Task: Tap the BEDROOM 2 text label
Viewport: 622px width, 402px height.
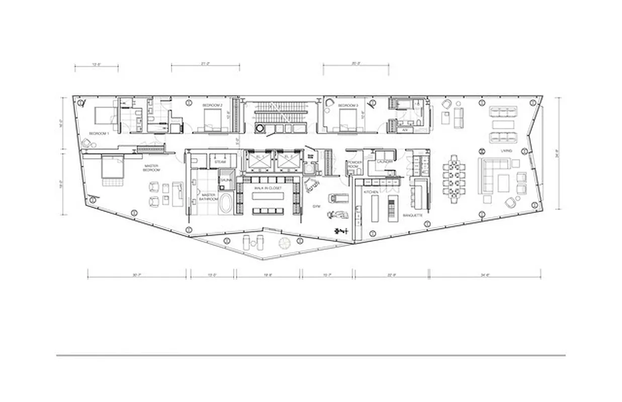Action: [x=212, y=105]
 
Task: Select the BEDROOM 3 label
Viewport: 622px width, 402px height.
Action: [x=347, y=106]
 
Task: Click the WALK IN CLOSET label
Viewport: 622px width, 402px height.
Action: [x=268, y=188]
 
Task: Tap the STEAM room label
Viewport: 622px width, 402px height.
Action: [x=220, y=162]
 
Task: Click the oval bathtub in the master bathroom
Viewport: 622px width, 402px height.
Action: [x=226, y=206]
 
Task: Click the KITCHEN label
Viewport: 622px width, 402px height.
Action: [x=364, y=192]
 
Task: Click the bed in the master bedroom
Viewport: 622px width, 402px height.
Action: [x=113, y=168]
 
